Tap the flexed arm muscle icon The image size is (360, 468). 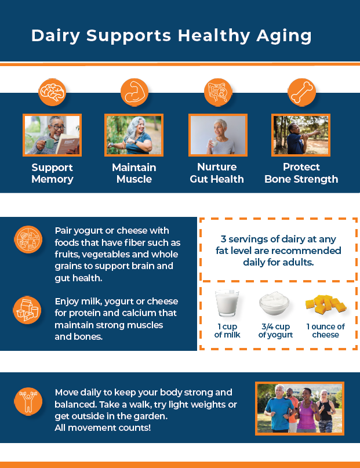(x=134, y=92)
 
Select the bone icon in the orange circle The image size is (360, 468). (x=301, y=92)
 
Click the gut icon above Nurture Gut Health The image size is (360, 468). (x=217, y=92)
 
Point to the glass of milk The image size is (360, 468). (x=226, y=304)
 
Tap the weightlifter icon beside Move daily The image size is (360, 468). (x=27, y=401)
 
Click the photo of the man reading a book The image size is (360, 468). (x=52, y=135)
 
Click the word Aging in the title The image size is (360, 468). (x=283, y=36)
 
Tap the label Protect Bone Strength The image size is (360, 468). (x=301, y=173)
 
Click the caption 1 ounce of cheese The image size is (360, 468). (x=325, y=331)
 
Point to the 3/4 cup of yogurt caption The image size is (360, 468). (x=275, y=331)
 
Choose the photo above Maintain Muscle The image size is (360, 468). (x=134, y=135)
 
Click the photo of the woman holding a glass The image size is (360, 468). (x=217, y=135)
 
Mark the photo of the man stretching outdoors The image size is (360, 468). (x=301, y=135)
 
